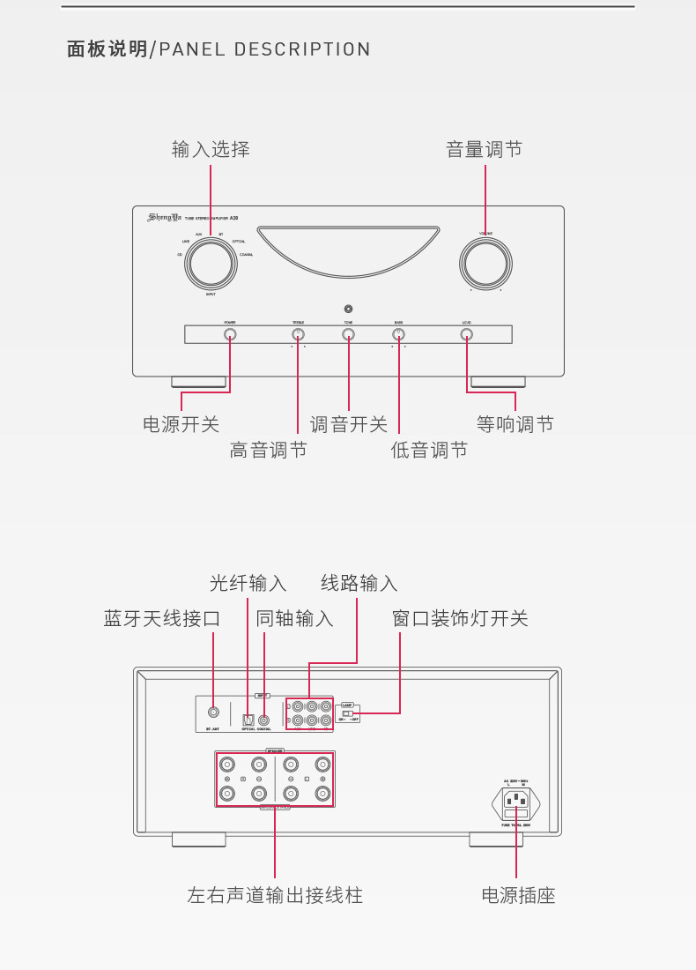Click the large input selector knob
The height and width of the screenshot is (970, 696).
pyautogui.click(x=211, y=264)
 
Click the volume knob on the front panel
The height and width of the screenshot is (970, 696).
pyautogui.click(x=485, y=264)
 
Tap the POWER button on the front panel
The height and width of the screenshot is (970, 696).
pyautogui.click(x=230, y=334)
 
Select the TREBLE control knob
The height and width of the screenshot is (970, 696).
pyautogui.click(x=298, y=334)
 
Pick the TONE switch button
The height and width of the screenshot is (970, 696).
pyautogui.click(x=349, y=334)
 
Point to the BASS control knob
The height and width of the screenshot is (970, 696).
pyautogui.click(x=398, y=334)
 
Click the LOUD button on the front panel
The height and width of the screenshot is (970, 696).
pyautogui.click(x=467, y=334)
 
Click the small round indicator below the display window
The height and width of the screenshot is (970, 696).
pyautogui.click(x=349, y=309)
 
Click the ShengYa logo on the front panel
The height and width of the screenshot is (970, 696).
pyautogui.click(x=164, y=217)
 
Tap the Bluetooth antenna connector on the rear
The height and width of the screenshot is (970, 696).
pyautogui.click(x=213, y=713)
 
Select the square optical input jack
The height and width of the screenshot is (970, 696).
pyautogui.click(x=248, y=720)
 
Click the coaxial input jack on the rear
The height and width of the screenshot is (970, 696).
pyautogui.click(x=263, y=720)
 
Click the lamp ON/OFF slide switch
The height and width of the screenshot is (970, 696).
pyautogui.click(x=347, y=713)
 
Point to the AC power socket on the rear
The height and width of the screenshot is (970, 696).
pyautogui.click(x=516, y=802)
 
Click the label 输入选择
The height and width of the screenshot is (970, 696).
pyautogui.click(x=211, y=150)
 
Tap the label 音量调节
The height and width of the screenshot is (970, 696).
pyautogui.click(x=485, y=150)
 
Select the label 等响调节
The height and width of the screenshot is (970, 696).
pyautogui.click(x=515, y=424)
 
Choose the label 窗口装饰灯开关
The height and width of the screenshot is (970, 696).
pyautogui.click(x=460, y=618)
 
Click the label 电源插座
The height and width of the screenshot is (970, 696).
pyautogui.click(x=518, y=896)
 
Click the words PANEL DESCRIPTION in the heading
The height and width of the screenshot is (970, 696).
pyautogui.click(x=264, y=49)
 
